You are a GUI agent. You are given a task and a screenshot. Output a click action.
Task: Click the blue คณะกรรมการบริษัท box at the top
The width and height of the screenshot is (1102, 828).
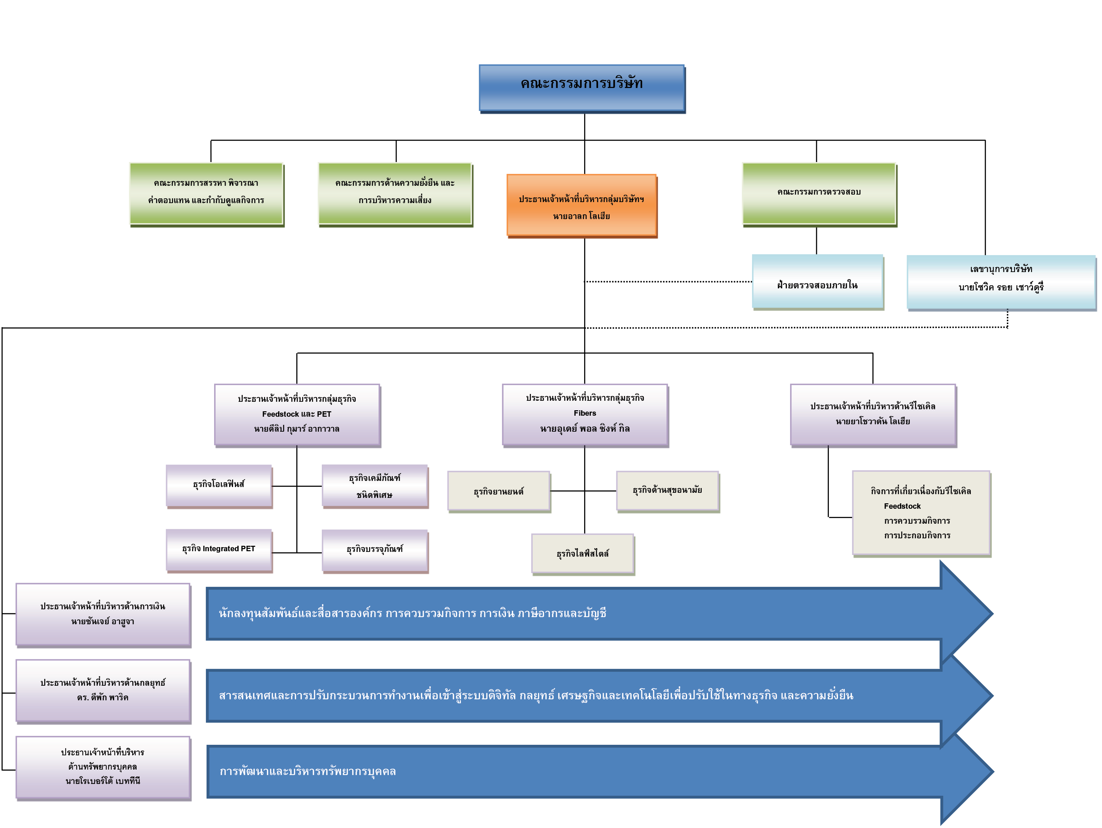[582, 88]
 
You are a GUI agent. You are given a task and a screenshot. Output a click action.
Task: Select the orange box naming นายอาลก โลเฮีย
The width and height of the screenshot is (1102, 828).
[582, 205]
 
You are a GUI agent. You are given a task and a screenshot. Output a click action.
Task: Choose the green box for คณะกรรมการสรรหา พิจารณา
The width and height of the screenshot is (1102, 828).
[207, 194]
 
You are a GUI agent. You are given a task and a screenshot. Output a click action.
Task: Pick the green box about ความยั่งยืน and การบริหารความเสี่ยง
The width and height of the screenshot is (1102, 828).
[396, 194]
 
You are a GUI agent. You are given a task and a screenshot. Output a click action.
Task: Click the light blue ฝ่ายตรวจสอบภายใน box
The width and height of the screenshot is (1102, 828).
[818, 282]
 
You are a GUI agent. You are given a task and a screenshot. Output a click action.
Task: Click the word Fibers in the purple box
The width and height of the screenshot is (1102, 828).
[585, 413]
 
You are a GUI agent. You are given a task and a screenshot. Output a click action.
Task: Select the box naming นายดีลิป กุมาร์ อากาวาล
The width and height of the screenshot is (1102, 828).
[297, 415]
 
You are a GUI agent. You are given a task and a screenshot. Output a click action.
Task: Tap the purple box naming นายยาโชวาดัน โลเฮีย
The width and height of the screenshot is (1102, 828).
[873, 415]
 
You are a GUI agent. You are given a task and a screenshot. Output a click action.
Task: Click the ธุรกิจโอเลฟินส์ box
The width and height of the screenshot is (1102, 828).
[219, 486]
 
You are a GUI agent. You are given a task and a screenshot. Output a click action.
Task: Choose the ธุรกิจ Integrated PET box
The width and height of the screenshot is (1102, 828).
[219, 551]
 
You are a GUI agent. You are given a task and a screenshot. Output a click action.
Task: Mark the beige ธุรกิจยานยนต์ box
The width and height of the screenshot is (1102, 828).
[499, 492]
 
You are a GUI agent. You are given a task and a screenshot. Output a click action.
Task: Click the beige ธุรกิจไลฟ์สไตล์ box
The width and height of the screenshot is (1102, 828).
[583, 555]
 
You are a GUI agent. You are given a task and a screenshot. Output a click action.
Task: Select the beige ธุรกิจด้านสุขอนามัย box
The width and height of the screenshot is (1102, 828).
[668, 492]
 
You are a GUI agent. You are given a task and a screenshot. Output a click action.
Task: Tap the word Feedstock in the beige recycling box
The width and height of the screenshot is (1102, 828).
[902, 506]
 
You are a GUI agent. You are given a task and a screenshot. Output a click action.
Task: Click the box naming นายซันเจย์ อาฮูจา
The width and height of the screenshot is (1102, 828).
[103, 615]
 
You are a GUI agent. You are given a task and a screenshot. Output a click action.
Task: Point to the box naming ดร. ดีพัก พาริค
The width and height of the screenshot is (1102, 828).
[103, 691]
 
